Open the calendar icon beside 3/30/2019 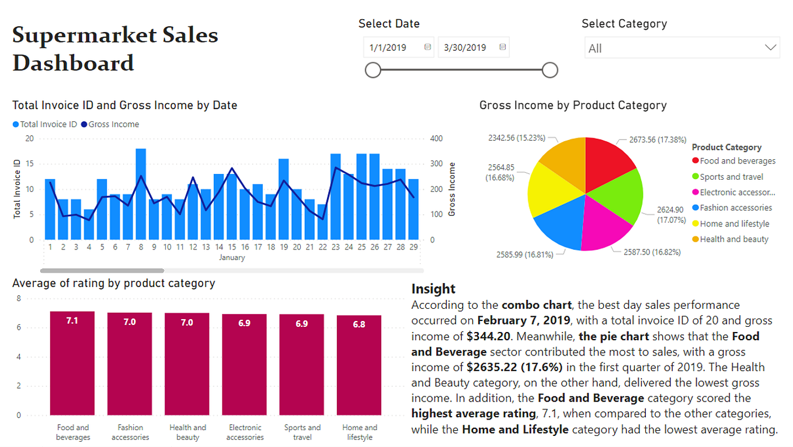tap(502, 47)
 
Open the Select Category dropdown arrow tap(770, 48)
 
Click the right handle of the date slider tap(549, 71)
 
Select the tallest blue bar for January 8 tap(141, 194)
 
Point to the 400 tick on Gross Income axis tap(436, 139)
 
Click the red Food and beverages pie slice tap(607, 163)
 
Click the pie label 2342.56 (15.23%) tap(516, 138)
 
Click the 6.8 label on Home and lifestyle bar tap(359, 324)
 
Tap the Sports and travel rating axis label tap(302, 432)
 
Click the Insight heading tap(433, 289)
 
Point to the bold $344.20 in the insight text tap(489, 336)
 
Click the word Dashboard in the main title tap(73, 63)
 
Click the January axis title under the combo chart tap(232, 257)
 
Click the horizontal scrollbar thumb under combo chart tap(102, 271)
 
